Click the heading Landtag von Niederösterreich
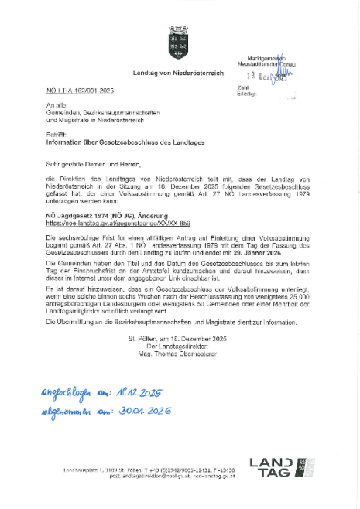[x=179, y=73]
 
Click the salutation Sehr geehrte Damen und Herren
[x=87, y=164]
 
